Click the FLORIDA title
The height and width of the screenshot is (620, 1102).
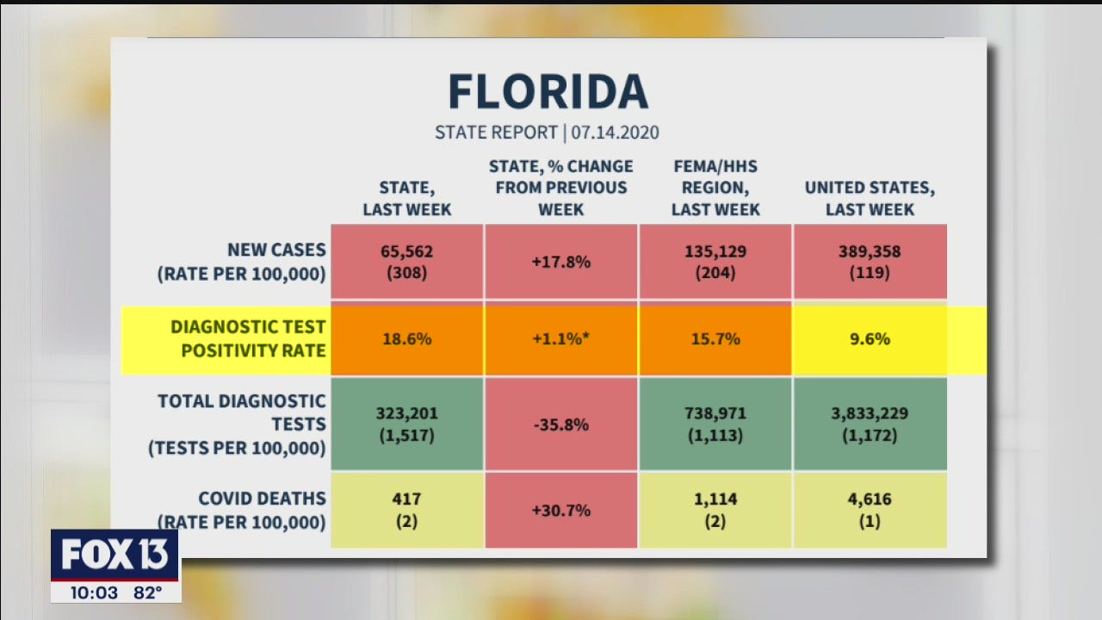[x=548, y=91]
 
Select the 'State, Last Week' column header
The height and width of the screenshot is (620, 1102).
[x=406, y=198]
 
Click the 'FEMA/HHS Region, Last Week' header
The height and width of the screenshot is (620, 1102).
[x=715, y=188]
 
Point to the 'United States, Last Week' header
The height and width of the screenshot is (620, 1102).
[x=870, y=198]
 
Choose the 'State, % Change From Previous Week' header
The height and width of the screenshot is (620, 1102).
[x=560, y=188]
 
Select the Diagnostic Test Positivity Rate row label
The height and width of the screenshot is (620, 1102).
[x=248, y=338]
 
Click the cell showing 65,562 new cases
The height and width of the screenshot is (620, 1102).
[x=406, y=262]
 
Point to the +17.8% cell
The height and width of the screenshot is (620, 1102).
[x=560, y=262]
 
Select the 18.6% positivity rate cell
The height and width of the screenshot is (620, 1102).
[x=406, y=339]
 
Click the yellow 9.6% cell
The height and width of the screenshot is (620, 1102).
[x=870, y=339]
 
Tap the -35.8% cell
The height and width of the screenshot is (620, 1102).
[x=560, y=424]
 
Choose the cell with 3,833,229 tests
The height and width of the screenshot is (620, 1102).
[x=870, y=424]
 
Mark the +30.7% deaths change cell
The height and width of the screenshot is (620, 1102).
[x=560, y=510]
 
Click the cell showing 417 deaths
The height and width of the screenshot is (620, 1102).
[x=406, y=510]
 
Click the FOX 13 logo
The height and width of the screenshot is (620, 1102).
[x=115, y=555]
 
